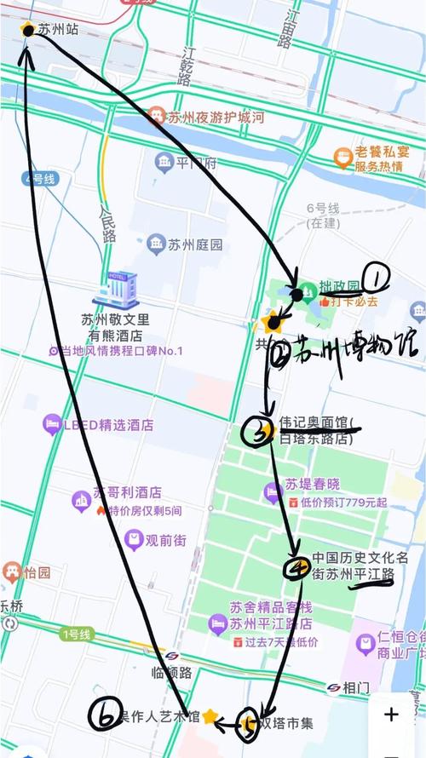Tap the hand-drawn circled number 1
point(376,276)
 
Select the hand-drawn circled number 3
point(256,432)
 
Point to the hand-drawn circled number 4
point(296,568)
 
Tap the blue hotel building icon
point(114,290)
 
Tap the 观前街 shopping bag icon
point(133,538)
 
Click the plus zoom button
point(390,715)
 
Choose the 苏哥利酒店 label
point(127,493)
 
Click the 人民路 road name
point(107,224)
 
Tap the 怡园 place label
point(37,572)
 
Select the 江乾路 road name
point(187,65)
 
